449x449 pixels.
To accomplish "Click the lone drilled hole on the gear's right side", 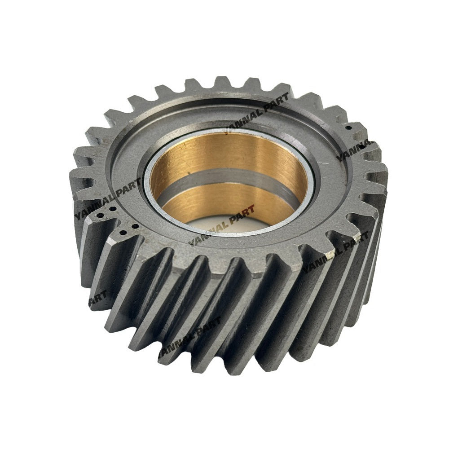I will (349, 128).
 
